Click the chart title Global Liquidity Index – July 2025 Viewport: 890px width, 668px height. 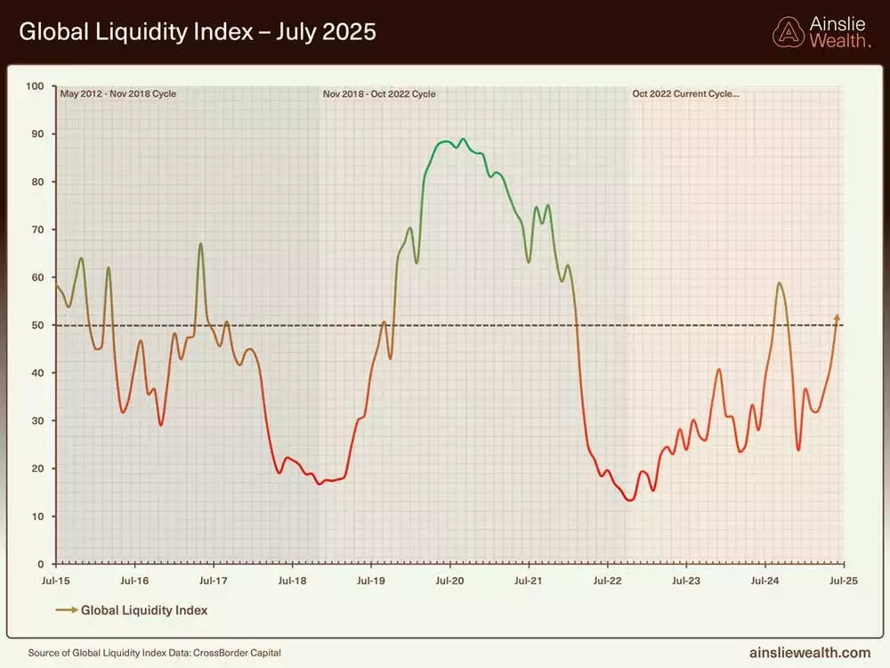point(198,32)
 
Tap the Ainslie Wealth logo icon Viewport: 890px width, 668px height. point(787,32)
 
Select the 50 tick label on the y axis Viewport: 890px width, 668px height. point(38,326)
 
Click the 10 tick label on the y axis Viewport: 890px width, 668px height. point(38,517)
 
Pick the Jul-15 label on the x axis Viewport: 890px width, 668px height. point(56,581)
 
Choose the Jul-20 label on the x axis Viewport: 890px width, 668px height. point(449,581)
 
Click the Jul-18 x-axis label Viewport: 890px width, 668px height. point(292,581)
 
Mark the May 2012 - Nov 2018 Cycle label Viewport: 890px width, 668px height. point(117,94)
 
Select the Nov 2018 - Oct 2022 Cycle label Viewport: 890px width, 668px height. point(379,94)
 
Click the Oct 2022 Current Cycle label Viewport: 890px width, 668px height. point(685,94)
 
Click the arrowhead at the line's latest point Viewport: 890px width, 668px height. point(837,316)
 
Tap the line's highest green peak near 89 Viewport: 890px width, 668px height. point(463,139)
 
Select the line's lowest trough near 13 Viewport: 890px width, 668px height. point(630,500)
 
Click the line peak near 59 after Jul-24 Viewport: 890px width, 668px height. point(780,283)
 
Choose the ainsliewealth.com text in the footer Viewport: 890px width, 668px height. point(811,652)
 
